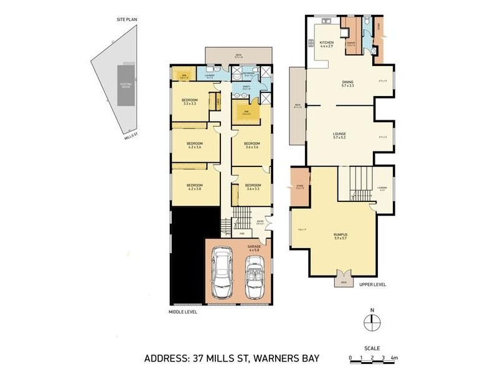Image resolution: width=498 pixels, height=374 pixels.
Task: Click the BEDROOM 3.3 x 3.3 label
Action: click(x=190, y=102)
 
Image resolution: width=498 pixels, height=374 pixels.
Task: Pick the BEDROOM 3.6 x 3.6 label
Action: click(x=252, y=145)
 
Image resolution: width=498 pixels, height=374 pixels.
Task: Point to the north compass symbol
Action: click(x=371, y=321)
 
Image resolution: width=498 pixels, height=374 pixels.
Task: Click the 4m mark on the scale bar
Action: click(x=394, y=358)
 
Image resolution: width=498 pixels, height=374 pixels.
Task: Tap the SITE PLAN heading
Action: click(x=126, y=20)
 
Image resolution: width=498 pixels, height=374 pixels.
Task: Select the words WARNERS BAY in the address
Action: click(x=283, y=358)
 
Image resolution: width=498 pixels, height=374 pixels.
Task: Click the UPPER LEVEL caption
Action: click(x=372, y=284)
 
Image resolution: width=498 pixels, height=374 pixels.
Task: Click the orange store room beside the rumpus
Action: click(x=300, y=185)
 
